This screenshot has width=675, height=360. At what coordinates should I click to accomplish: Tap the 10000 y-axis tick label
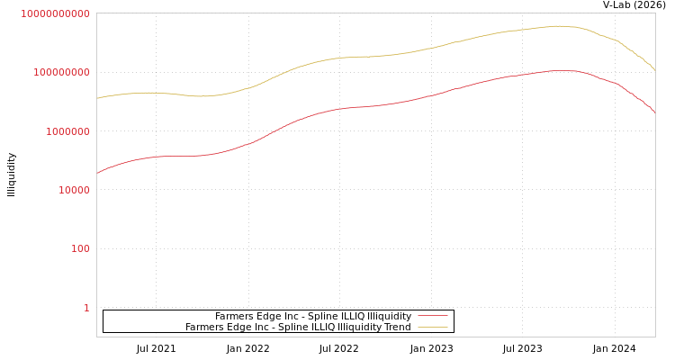pos(68,190)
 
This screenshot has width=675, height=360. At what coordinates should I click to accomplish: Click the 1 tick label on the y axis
pos(86,308)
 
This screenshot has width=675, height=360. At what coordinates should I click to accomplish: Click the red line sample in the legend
pos(433,317)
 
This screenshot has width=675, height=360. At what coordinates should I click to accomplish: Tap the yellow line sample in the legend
pos(433,328)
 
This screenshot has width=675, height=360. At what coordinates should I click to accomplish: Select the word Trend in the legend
pos(397,328)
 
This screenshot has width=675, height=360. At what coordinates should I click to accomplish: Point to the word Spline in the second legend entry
pos(292,328)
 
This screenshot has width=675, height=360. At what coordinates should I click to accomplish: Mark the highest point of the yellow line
pos(558,26)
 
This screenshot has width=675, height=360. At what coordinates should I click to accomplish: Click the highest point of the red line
pos(560,70)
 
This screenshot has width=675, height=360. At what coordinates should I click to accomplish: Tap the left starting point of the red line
pos(97,173)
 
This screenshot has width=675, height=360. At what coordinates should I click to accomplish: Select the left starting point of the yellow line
pos(97,98)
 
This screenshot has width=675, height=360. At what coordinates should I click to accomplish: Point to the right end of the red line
pos(654,112)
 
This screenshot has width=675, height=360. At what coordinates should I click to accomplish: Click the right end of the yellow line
pos(654,69)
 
